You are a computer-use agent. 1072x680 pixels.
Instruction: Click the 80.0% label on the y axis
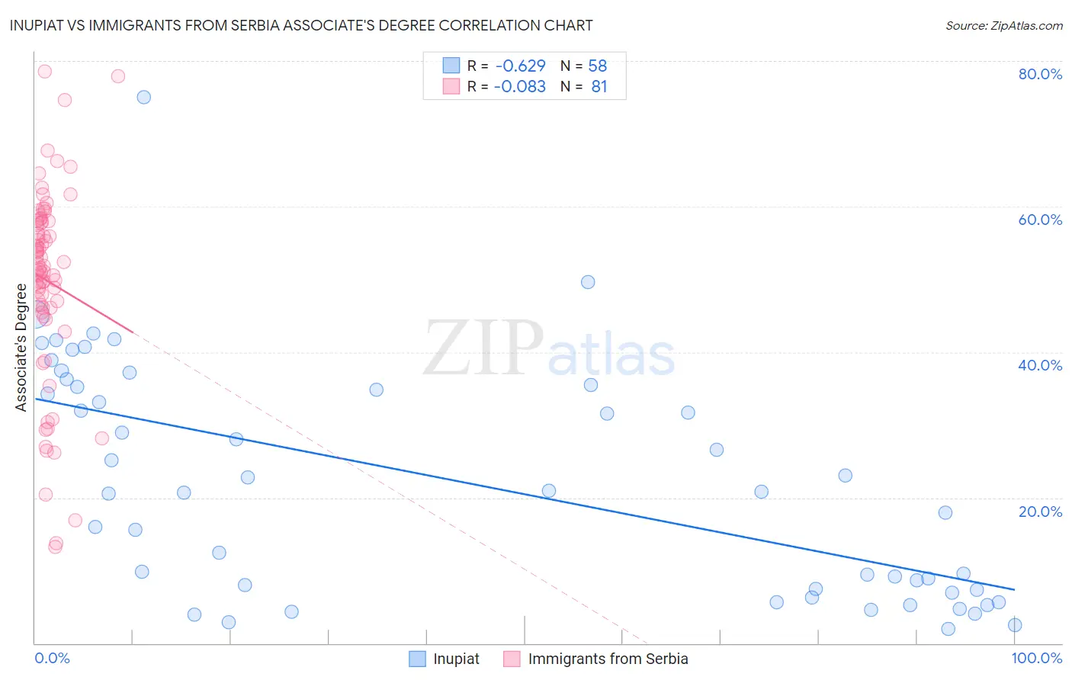tap(1040, 74)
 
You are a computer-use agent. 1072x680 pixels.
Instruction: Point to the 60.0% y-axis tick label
tap(1040, 220)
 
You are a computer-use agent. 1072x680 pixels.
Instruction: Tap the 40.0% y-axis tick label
tap(1040, 365)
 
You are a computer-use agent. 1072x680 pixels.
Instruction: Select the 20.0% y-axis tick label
tap(1040, 512)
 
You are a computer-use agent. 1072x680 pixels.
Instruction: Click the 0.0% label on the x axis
tap(52, 658)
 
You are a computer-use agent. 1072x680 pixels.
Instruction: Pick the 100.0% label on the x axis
tap(1037, 658)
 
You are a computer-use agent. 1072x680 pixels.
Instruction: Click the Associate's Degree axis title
tap(21, 348)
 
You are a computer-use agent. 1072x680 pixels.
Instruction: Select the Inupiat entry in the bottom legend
tap(445, 659)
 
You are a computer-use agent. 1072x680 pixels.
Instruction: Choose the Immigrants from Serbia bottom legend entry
tap(596, 659)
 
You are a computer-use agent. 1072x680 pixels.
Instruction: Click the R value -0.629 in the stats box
tap(520, 66)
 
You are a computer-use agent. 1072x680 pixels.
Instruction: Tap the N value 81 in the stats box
tap(599, 86)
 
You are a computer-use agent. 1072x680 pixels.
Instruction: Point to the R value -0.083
tap(520, 86)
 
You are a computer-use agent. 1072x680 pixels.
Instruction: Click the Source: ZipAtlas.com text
tap(1004, 26)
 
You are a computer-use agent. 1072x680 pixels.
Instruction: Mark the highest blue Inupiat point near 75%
tap(143, 97)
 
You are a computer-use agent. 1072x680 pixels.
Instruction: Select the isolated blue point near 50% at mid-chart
tap(588, 282)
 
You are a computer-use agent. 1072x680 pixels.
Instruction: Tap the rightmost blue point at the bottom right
tap(1015, 625)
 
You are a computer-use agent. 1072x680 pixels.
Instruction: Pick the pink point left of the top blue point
tap(118, 76)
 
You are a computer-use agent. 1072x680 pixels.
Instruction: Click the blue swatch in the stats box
tap(451, 66)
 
